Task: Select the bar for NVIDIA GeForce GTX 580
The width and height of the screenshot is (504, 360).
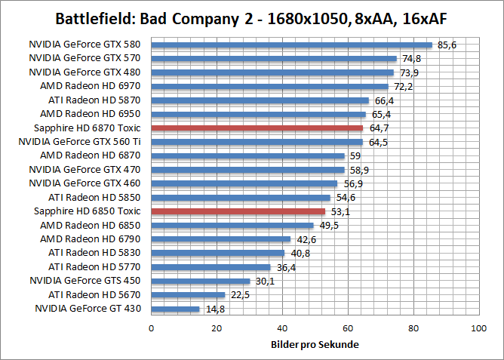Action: click(x=291, y=45)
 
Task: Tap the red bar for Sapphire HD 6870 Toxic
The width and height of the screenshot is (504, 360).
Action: click(x=257, y=128)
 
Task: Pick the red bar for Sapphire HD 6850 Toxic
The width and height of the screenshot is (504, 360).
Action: click(x=238, y=211)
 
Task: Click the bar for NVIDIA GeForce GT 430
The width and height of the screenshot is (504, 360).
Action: click(x=176, y=309)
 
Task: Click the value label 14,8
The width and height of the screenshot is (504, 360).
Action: click(x=215, y=309)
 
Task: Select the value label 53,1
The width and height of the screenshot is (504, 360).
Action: click(x=340, y=211)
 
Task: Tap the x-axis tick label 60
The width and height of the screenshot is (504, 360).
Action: click(x=348, y=328)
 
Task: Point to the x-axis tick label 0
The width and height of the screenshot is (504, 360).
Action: click(x=152, y=328)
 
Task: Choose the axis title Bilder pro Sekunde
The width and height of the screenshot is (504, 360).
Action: click(x=315, y=345)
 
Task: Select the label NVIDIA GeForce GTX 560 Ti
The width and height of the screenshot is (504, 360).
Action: click(x=80, y=142)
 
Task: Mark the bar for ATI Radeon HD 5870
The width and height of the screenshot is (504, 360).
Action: click(x=260, y=100)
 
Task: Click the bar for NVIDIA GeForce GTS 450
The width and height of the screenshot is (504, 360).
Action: click(x=201, y=281)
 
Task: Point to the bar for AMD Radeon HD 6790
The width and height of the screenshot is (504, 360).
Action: click(x=221, y=239)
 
